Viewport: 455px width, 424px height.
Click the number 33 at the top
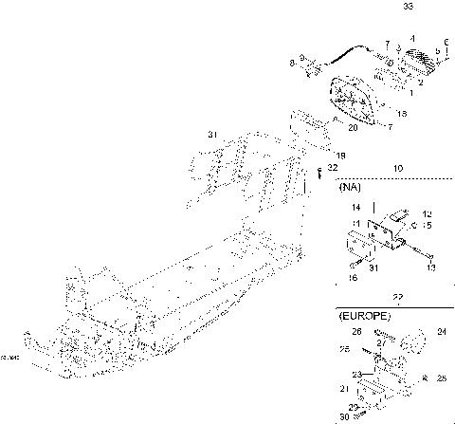click(x=408, y=7)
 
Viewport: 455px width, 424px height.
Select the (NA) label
click(x=348, y=188)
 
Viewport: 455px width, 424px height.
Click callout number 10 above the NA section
click(x=397, y=168)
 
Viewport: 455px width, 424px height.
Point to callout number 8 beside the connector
click(x=291, y=63)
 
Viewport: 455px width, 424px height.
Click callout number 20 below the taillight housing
click(x=352, y=127)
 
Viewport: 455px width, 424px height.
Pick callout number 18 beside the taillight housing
click(x=401, y=114)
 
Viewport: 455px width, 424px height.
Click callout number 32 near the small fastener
click(x=332, y=167)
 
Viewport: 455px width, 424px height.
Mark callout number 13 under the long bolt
click(x=431, y=269)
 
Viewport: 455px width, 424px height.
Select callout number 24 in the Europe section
click(x=440, y=333)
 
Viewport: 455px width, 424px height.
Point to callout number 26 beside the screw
click(x=356, y=332)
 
